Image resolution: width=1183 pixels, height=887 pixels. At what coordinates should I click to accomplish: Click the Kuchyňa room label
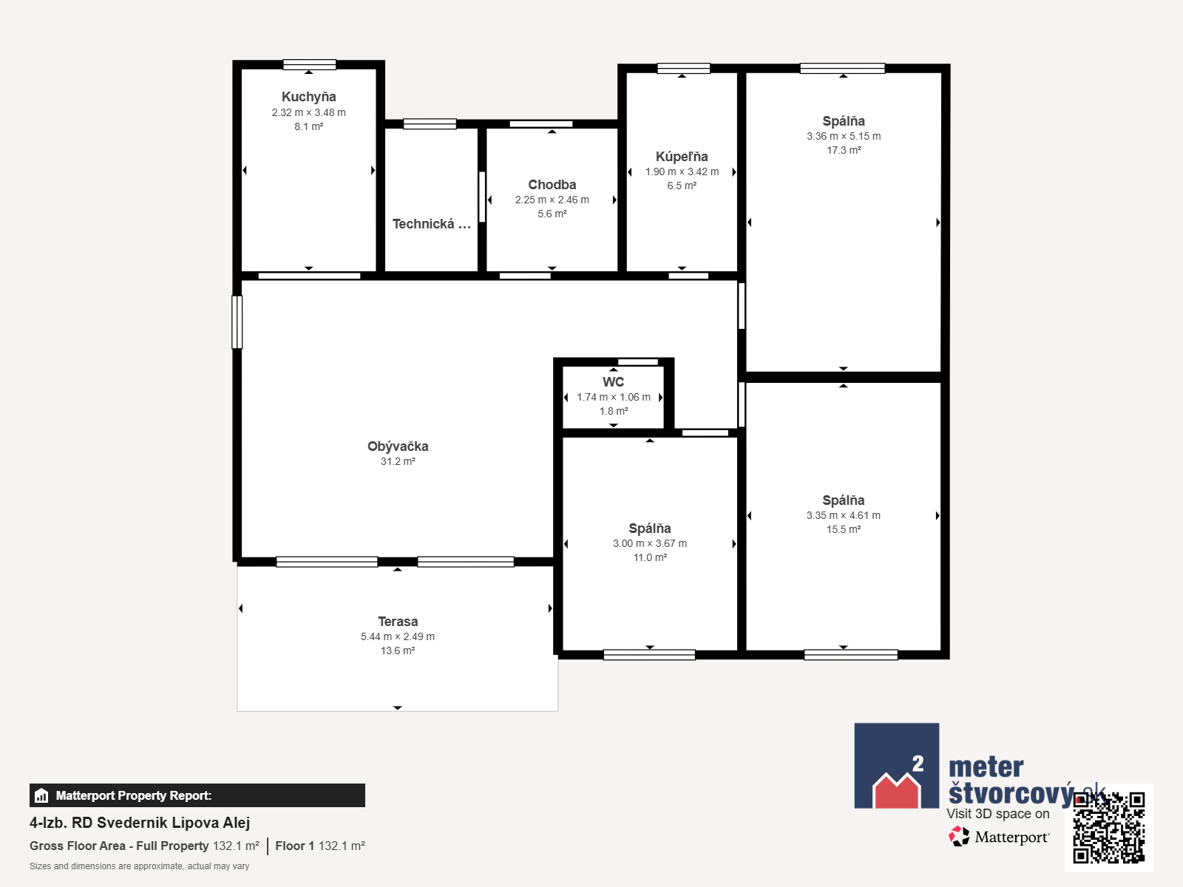point(309,97)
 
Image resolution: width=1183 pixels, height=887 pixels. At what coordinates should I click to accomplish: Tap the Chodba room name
point(552,185)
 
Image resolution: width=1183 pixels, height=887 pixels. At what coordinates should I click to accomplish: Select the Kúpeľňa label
point(682,157)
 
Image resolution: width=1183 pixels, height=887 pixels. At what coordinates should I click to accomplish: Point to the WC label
point(614,382)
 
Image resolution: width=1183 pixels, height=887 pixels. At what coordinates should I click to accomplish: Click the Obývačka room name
point(398,446)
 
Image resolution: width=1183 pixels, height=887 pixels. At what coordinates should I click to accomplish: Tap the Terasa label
point(398,622)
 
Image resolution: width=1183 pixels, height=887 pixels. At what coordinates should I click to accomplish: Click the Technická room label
point(431,224)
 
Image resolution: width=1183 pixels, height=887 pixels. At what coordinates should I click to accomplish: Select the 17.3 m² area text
point(844,150)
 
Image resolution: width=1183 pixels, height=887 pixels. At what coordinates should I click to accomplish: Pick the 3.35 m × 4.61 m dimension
point(844,515)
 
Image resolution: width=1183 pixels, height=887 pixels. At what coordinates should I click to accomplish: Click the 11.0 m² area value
point(650,557)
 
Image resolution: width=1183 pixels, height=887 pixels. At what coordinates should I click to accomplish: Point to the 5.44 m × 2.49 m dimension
point(398,636)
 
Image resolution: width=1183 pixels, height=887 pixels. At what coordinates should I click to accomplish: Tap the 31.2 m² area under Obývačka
point(398,461)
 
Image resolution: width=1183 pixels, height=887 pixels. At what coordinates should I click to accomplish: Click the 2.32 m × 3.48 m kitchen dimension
point(309,112)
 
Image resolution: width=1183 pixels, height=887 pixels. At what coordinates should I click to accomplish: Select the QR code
point(1108,827)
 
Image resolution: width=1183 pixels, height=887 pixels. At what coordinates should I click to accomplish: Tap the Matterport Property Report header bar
point(197,795)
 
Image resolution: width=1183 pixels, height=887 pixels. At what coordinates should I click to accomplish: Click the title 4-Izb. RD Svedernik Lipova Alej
point(140,823)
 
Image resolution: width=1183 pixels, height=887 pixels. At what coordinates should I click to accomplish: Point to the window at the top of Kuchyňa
point(309,64)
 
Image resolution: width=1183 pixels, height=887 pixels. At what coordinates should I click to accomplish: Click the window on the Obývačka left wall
point(237,322)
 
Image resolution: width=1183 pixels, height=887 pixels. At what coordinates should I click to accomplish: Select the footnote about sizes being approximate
point(139,866)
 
